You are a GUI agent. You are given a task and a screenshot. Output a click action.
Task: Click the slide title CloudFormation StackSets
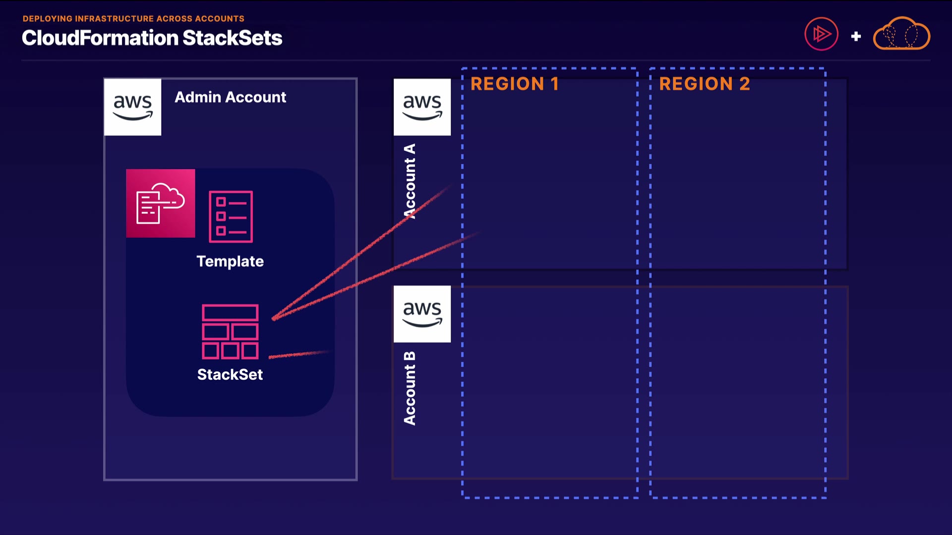(152, 38)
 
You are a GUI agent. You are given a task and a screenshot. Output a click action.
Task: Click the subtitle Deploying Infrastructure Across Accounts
(133, 19)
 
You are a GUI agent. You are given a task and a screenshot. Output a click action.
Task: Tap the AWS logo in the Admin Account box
(132, 107)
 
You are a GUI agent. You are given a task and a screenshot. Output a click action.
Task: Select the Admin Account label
(230, 97)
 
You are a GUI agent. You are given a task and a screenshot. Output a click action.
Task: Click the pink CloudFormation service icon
(160, 204)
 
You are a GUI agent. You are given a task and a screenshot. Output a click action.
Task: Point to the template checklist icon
(231, 216)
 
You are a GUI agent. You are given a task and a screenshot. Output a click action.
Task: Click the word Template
(230, 261)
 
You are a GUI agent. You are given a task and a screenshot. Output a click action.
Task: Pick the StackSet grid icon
(230, 331)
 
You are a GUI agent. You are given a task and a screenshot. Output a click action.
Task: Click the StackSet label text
(230, 374)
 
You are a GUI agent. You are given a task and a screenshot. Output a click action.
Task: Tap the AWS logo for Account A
(422, 107)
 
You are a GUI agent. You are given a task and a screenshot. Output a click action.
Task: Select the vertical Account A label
(410, 181)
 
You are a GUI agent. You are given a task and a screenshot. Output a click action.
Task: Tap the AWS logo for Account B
(422, 314)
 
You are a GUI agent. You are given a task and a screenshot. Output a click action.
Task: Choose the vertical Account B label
(410, 388)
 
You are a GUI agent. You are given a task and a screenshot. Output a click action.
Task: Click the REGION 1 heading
(515, 84)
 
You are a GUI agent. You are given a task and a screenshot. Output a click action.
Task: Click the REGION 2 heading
(704, 84)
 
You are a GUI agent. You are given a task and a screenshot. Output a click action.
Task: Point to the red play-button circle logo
(821, 34)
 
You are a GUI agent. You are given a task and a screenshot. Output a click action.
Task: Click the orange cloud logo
(901, 34)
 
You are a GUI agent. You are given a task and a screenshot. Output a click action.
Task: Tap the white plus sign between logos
(856, 36)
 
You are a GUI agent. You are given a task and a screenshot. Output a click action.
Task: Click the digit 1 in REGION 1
(554, 84)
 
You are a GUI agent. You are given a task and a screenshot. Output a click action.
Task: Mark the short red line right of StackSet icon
(298, 354)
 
